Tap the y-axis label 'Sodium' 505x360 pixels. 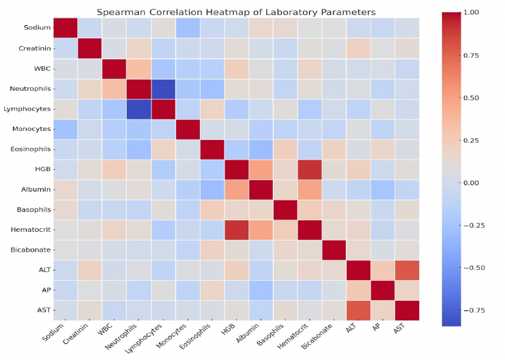pyautogui.click(x=35, y=28)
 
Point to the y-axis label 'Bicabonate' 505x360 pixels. pyautogui.click(x=29, y=250)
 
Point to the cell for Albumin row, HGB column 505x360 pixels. pyautogui.click(x=236, y=189)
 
